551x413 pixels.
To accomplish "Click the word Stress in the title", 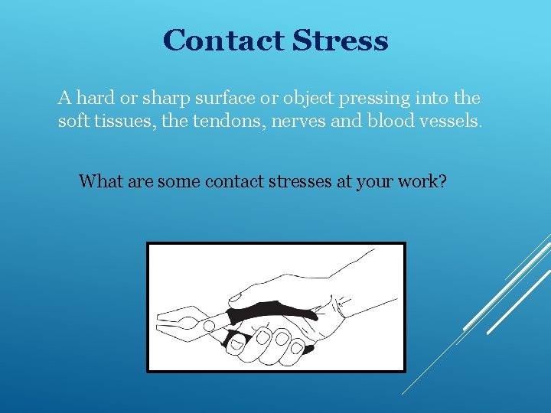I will tap(341, 40).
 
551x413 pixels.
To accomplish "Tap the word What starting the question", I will tap(98, 181).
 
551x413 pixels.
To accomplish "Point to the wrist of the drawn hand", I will tap(360, 302).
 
